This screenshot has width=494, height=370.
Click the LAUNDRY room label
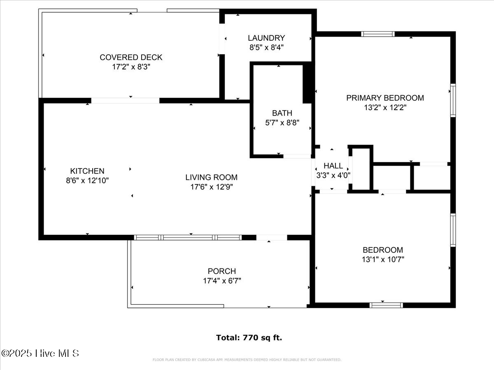pyautogui.click(x=266, y=38)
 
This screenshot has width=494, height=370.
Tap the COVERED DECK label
pyautogui.click(x=131, y=57)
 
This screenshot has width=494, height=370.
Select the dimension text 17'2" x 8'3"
pyautogui.click(x=131, y=67)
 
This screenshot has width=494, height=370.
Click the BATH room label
pyautogui.click(x=282, y=113)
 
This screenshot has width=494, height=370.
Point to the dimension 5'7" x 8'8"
pyautogui.click(x=282, y=122)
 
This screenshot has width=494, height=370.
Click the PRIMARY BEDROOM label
pyautogui.click(x=385, y=98)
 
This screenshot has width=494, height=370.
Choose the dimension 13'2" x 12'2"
pyautogui.click(x=385, y=107)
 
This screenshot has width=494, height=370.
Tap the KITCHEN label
pyautogui.click(x=87, y=171)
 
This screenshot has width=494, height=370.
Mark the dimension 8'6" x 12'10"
pyautogui.click(x=87, y=180)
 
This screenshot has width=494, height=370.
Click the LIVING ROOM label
pyautogui.click(x=211, y=178)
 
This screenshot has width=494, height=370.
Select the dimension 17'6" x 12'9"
pyautogui.click(x=211, y=187)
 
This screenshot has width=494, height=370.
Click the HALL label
pyautogui.click(x=333, y=166)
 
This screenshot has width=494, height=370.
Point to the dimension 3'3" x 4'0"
pyautogui.click(x=333, y=175)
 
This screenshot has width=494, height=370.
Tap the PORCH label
pyautogui.click(x=221, y=271)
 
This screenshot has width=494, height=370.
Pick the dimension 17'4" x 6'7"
pyautogui.click(x=221, y=281)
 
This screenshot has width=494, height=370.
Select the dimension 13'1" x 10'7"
pyautogui.click(x=382, y=259)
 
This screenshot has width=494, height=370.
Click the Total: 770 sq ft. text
pyautogui.click(x=249, y=338)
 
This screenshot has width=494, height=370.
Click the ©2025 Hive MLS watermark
pyautogui.click(x=40, y=353)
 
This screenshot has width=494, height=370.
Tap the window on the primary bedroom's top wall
pyautogui.click(x=377, y=34)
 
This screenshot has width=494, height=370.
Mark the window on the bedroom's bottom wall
pyautogui.click(x=386, y=305)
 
